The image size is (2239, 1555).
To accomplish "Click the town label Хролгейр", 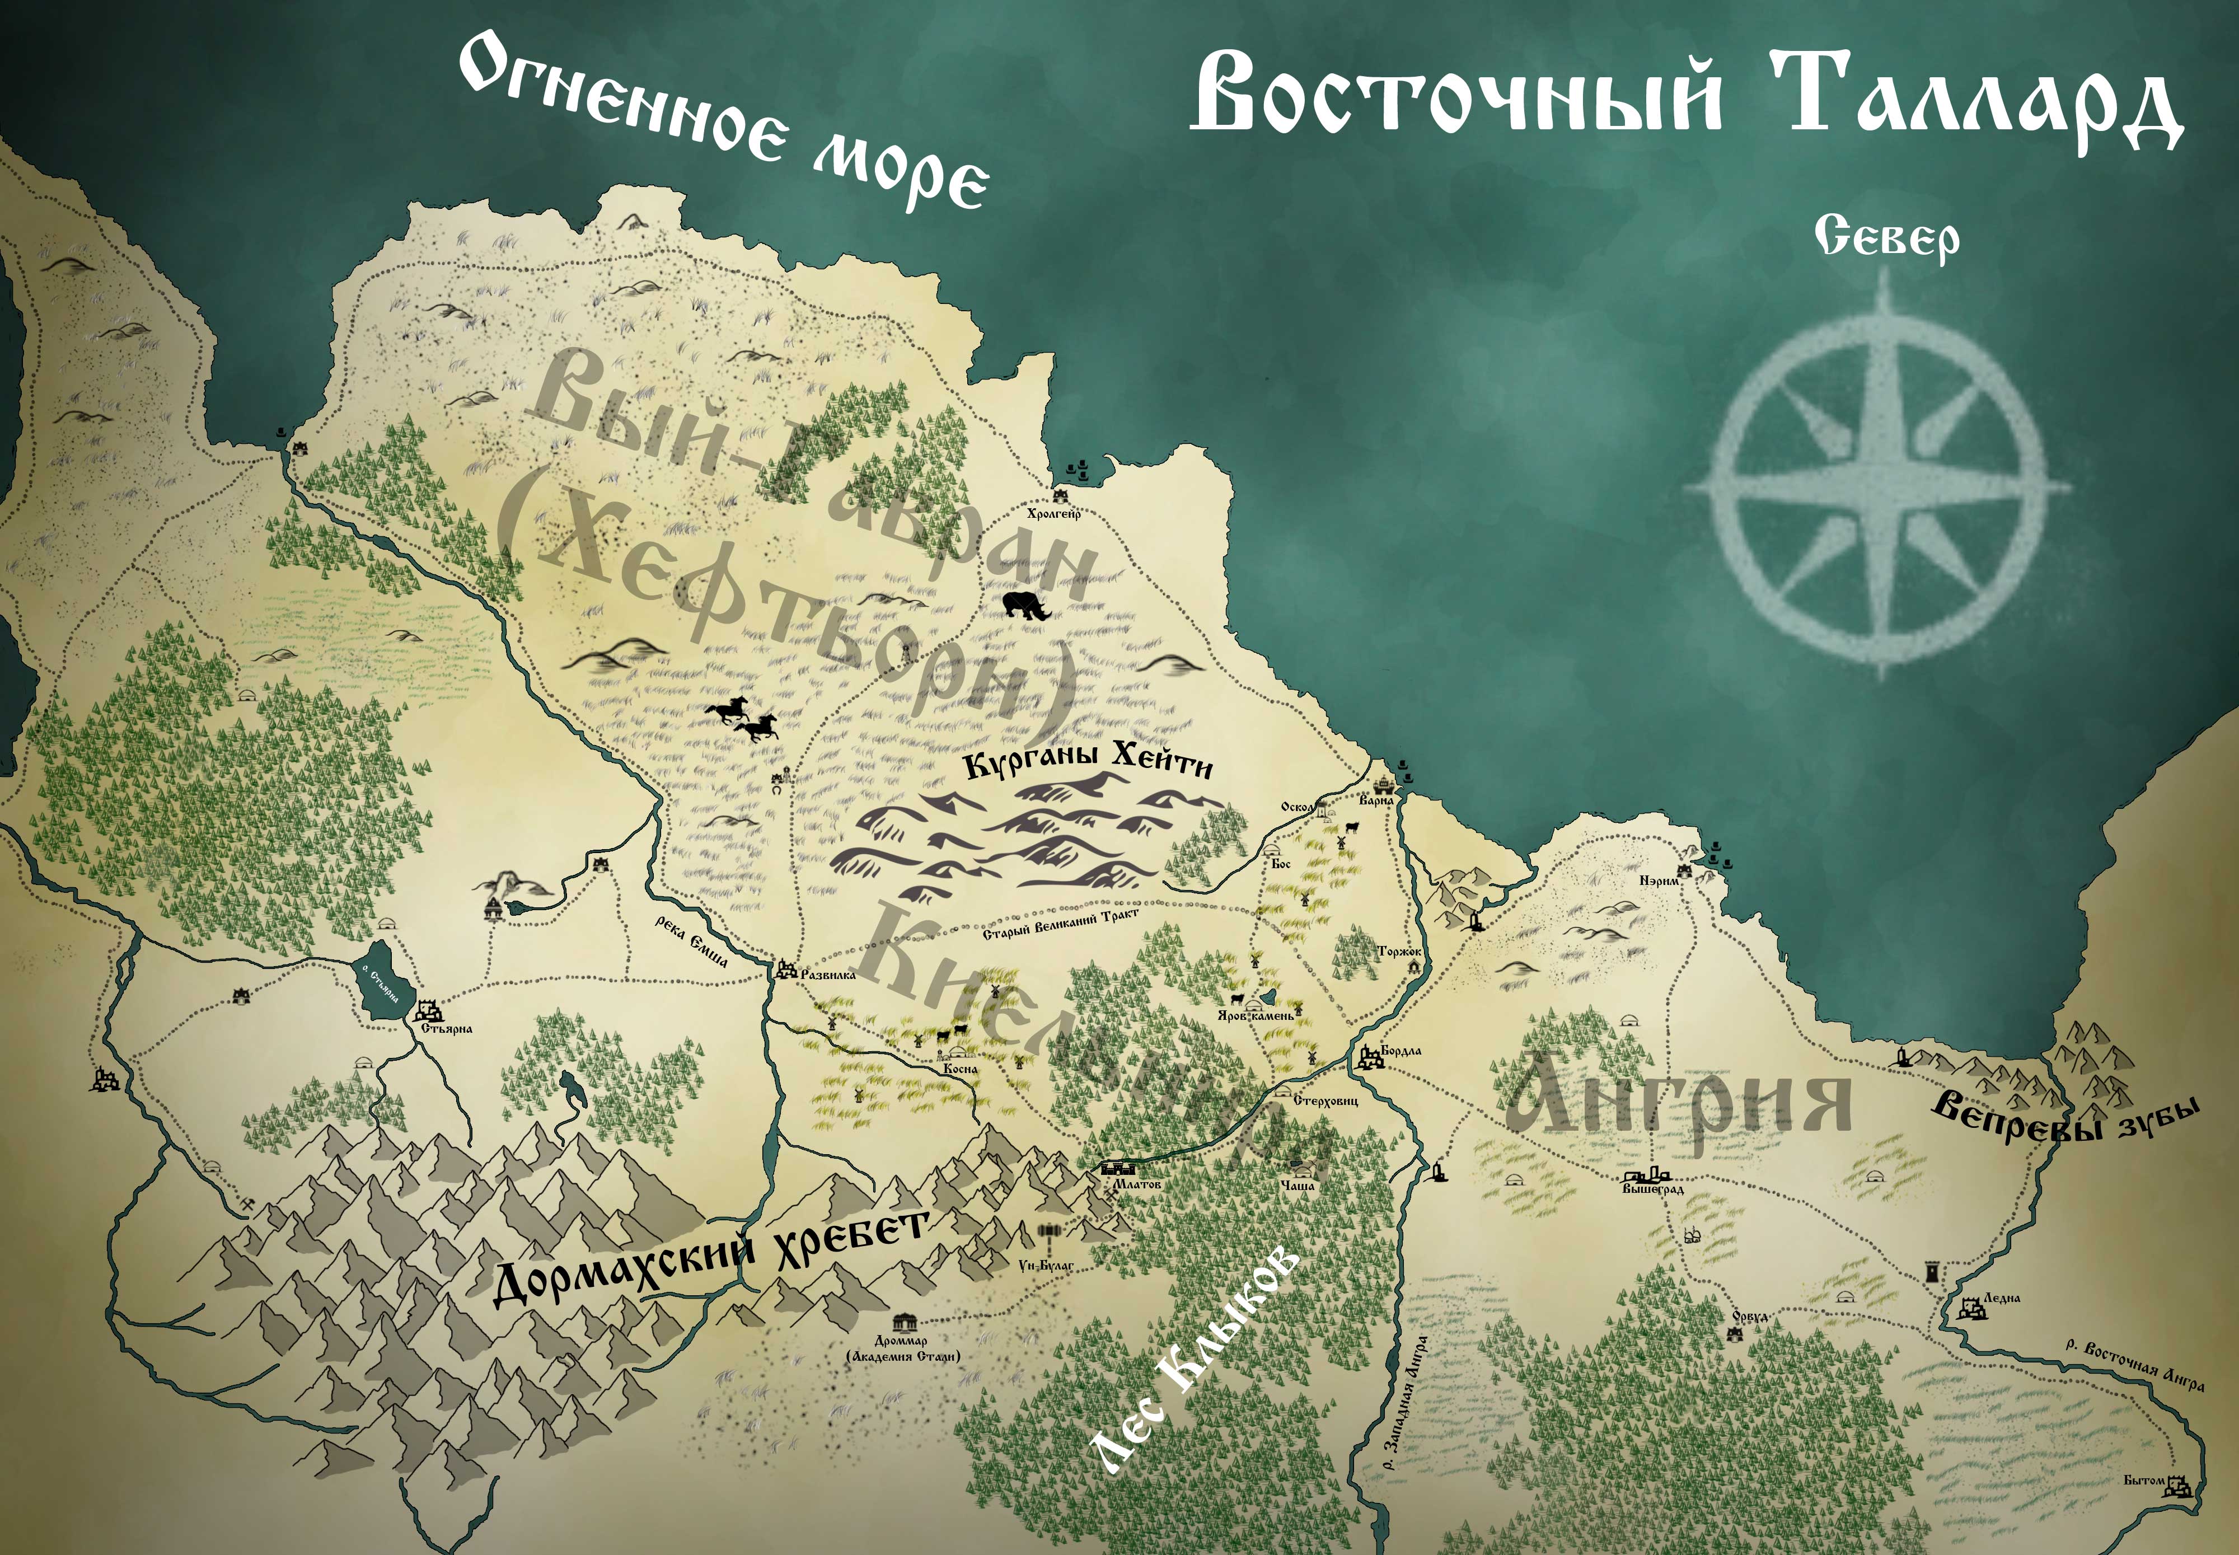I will coord(1054,513).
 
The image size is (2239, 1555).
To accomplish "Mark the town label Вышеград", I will coord(1654,1189).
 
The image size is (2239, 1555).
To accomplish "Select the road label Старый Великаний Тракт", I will coord(1060,926).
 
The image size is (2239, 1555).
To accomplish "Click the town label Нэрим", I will coord(1659,881).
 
